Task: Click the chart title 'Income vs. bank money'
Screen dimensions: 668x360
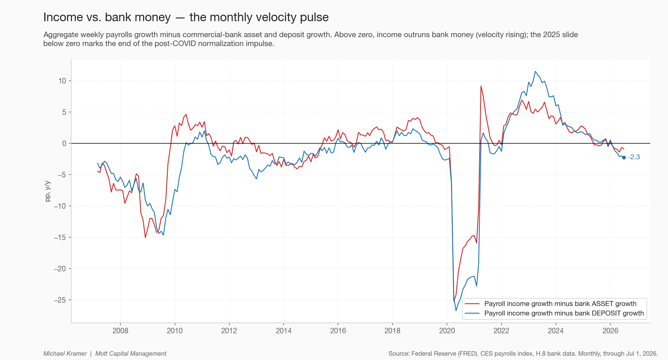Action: tap(107, 17)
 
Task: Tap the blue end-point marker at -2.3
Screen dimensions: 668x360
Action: tap(624, 157)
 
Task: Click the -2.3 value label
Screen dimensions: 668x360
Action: tap(634, 157)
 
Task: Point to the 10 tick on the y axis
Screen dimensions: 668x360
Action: tap(62, 81)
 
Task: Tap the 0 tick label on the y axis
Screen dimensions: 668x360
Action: tap(64, 143)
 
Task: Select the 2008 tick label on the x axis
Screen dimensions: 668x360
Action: tap(120, 331)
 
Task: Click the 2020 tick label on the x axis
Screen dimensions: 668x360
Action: tap(447, 331)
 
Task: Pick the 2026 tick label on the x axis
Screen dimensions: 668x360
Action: tap(610, 331)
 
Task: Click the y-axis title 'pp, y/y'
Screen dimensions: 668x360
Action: tap(47, 191)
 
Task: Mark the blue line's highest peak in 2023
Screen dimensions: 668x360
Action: tap(535, 72)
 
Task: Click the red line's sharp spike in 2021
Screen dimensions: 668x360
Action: tap(481, 86)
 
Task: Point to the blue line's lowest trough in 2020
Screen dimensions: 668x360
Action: tap(456, 311)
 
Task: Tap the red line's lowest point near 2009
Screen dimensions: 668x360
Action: tap(145, 237)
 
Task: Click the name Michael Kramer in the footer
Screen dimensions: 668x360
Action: tap(65, 354)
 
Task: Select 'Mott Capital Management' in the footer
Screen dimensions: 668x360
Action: tap(131, 354)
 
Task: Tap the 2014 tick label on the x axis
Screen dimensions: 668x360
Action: tap(284, 331)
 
